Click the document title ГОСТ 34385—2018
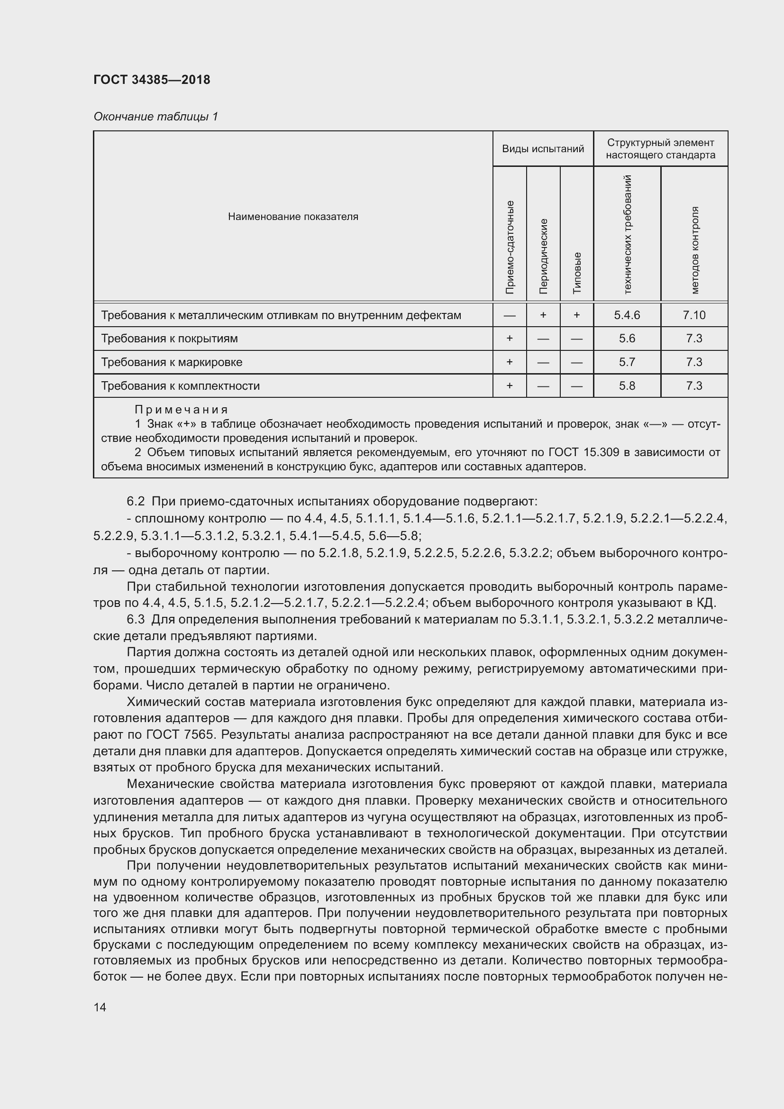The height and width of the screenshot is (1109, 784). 152,80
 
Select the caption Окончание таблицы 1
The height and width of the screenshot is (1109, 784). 155,117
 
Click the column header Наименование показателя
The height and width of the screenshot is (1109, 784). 292,216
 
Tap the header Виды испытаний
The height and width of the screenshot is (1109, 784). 543,149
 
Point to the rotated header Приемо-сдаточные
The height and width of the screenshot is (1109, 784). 509,247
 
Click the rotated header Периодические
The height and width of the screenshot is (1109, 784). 543,256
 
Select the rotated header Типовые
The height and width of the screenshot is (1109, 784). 576,273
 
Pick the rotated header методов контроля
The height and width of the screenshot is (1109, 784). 694,250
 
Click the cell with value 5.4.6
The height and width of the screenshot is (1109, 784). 627,315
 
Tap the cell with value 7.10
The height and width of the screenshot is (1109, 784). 694,315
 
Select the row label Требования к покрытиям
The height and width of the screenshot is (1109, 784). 169,339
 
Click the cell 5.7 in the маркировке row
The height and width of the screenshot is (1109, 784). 627,362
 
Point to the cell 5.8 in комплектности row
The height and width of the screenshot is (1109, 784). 627,386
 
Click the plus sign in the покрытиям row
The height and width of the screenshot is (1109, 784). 509,339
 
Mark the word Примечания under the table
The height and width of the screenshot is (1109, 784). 181,410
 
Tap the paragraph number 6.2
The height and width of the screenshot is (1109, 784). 136,501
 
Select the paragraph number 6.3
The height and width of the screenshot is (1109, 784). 136,619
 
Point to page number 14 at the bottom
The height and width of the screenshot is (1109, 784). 100,1008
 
